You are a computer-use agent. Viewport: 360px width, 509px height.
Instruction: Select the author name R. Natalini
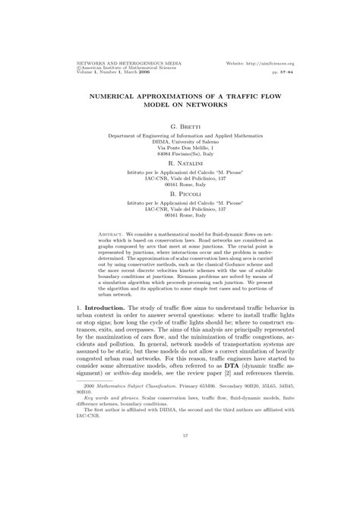point(180,163)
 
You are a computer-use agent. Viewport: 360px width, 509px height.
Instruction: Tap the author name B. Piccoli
point(180,194)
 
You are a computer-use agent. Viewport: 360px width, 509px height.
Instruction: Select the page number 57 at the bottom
point(180,478)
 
